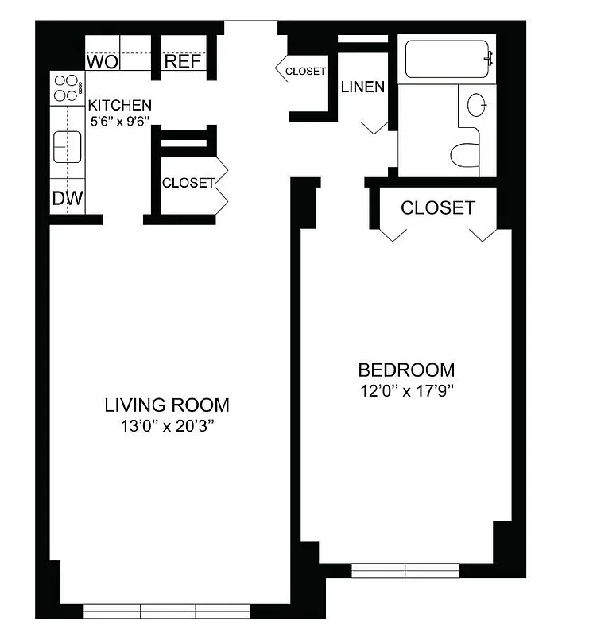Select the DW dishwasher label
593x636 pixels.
coord(68,198)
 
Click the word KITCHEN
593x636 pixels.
coord(119,105)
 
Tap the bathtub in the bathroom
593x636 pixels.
coord(447,58)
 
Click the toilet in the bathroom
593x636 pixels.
coord(465,154)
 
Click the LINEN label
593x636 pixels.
coord(362,87)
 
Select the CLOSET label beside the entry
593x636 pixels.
coord(305,71)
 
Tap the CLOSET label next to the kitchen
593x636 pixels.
coord(188,183)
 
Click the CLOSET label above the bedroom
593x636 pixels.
coord(437,208)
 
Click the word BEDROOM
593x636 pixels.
coord(406,370)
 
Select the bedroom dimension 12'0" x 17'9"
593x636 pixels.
coord(406,390)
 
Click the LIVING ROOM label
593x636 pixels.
coord(167,405)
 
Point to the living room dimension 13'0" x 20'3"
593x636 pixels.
coord(167,426)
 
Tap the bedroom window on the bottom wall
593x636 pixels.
coord(406,570)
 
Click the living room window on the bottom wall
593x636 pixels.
coord(167,611)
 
